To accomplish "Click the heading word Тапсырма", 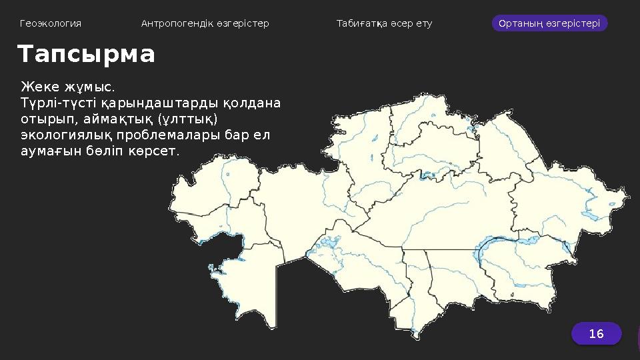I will pos(86,55).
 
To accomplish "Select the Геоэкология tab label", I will pos(51,23).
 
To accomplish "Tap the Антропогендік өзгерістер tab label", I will pos(205,23).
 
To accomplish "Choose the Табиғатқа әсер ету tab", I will pos(384,23).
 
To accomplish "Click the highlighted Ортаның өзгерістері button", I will pos(549,23).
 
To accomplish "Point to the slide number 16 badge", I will pos(596,333).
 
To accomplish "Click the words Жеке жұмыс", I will pos(67,87).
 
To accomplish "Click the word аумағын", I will pos(48,151).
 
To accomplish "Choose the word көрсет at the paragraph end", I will pos(158,151).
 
